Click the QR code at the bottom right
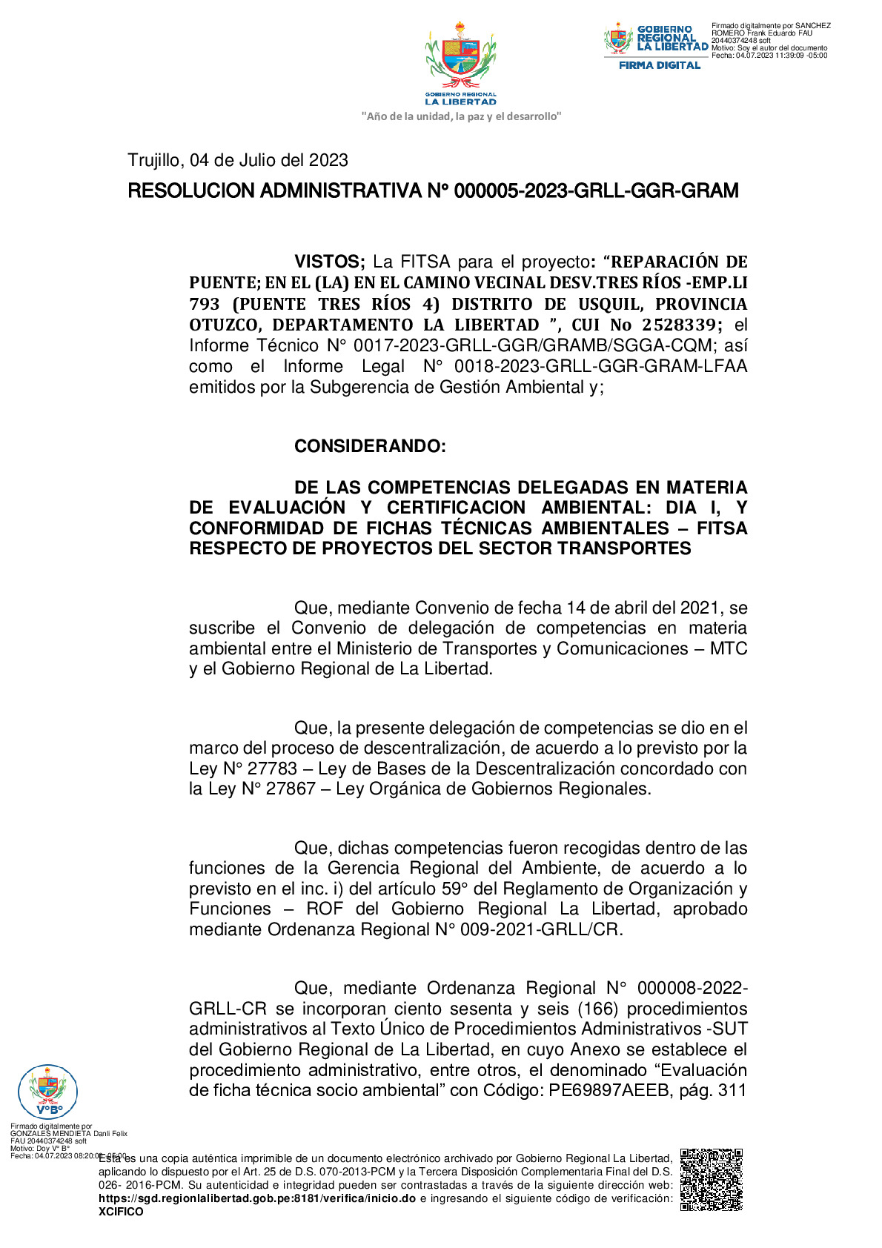tap(711, 1179)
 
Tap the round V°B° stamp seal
tap(47, 1091)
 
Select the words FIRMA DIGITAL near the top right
tap(660, 65)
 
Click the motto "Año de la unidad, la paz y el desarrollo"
tap(461, 116)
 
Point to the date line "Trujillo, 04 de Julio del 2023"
tap(238, 160)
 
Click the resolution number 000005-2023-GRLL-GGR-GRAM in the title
tap(596, 191)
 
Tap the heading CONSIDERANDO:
tap(370, 446)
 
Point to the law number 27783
tap(272, 769)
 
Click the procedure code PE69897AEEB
tap(609, 1090)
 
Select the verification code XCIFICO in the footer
tap(121, 1212)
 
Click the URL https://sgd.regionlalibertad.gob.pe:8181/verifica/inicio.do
tap(257, 1198)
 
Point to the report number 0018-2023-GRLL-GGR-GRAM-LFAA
tap(600, 366)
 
